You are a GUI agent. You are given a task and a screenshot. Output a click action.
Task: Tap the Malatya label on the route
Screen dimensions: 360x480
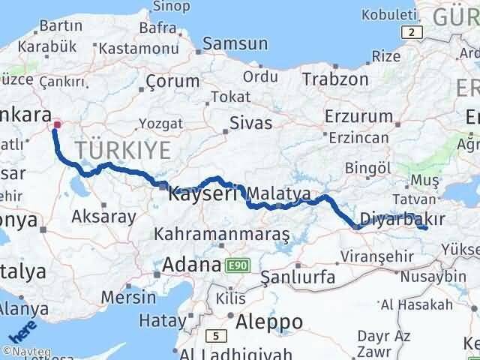click(278, 193)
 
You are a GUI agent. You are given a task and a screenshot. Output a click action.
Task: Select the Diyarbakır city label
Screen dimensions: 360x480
click(403, 219)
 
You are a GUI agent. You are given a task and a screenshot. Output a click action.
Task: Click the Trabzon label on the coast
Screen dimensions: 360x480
click(335, 79)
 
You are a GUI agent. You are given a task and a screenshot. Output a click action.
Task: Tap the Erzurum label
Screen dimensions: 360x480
click(358, 116)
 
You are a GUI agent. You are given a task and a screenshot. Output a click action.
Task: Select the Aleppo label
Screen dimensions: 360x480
click(268, 322)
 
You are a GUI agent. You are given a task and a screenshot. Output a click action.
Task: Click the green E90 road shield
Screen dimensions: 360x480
click(235, 265)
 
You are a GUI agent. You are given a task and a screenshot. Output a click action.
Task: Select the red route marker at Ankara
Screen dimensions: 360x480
click(57, 124)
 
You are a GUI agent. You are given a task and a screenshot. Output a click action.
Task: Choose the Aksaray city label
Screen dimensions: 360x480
click(103, 217)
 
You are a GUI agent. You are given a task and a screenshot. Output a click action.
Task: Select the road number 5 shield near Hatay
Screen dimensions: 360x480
click(214, 334)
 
